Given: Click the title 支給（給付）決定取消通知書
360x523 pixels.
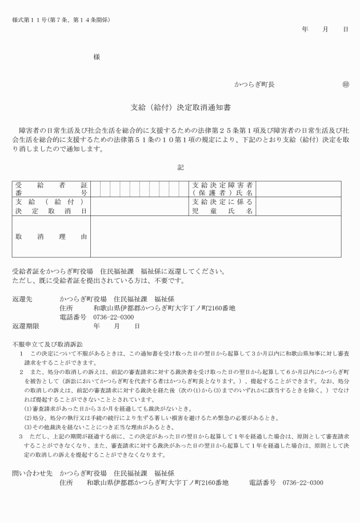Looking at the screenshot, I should coord(181,107).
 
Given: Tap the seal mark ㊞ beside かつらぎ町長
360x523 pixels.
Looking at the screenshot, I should coord(345,85).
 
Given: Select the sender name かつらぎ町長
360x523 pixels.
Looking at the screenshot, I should coord(254,85).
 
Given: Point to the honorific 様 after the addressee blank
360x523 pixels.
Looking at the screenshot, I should coord(97,58).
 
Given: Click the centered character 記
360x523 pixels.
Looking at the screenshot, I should coord(181,167).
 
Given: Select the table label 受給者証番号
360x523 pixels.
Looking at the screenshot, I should coord(51,189).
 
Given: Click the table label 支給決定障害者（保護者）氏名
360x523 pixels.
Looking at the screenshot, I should coord(222,189).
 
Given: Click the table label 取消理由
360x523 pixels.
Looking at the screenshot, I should coord(51,236).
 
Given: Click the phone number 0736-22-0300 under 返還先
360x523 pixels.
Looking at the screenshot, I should coord(114,317).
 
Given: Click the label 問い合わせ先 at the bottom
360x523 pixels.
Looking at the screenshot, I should coord(32,473).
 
